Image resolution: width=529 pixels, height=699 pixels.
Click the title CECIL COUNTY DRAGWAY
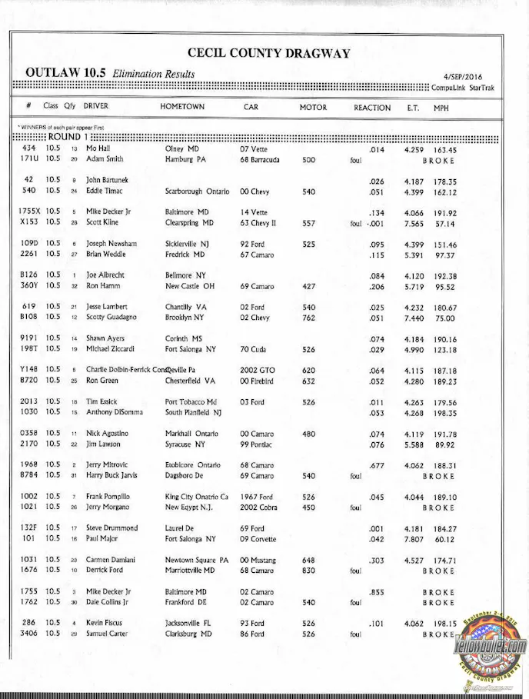click(268, 54)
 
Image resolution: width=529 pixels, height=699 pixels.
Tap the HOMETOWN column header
click(182, 107)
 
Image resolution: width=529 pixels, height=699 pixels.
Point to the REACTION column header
click(372, 108)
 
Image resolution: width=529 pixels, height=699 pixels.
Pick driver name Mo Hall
click(98, 149)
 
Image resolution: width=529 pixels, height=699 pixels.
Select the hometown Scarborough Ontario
click(197, 191)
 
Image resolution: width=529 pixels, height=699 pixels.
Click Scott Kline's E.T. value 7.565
click(416, 222)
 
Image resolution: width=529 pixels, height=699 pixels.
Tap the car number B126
click(28, 275)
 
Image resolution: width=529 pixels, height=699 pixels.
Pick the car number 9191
click(29, 338)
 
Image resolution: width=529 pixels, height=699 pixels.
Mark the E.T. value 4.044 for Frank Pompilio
click(416, 497)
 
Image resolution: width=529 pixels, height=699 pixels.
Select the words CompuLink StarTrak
click(464, 88)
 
